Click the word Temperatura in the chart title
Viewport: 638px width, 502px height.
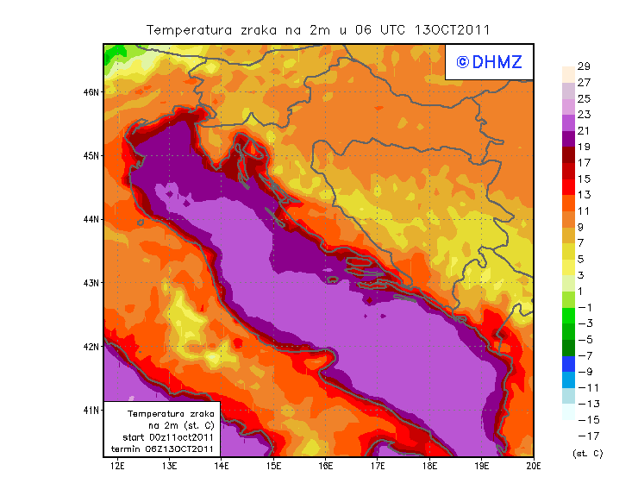pos(187,29)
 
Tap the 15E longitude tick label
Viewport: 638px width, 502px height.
pos(274,467)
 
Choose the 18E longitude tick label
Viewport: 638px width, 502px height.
pos(429,467)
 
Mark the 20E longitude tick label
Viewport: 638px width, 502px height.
pos(534,467)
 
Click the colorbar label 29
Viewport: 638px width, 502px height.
pos(583,66)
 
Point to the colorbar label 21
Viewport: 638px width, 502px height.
pos(583,130)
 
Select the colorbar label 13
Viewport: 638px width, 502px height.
pos(583,195)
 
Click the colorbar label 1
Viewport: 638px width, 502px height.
pos(583,291)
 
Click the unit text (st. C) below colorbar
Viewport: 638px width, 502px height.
pos(587,453)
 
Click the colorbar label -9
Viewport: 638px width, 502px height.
pos(585,371)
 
